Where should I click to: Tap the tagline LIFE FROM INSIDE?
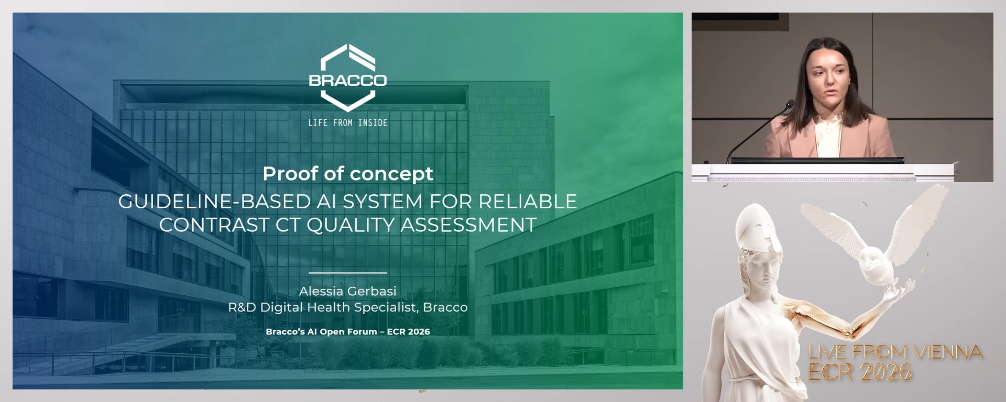click(347, 123)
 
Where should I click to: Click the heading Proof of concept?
click(347, 174)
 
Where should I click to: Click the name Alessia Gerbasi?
click(347, 291)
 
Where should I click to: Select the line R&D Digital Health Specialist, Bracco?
click(347, 307)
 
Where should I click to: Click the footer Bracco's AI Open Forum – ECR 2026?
click(347, 332)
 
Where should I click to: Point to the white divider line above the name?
click(347, 273)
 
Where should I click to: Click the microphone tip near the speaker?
click(791, 103)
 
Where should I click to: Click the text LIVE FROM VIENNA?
click(895, 352)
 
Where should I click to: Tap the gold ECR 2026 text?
click(860, 372)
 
